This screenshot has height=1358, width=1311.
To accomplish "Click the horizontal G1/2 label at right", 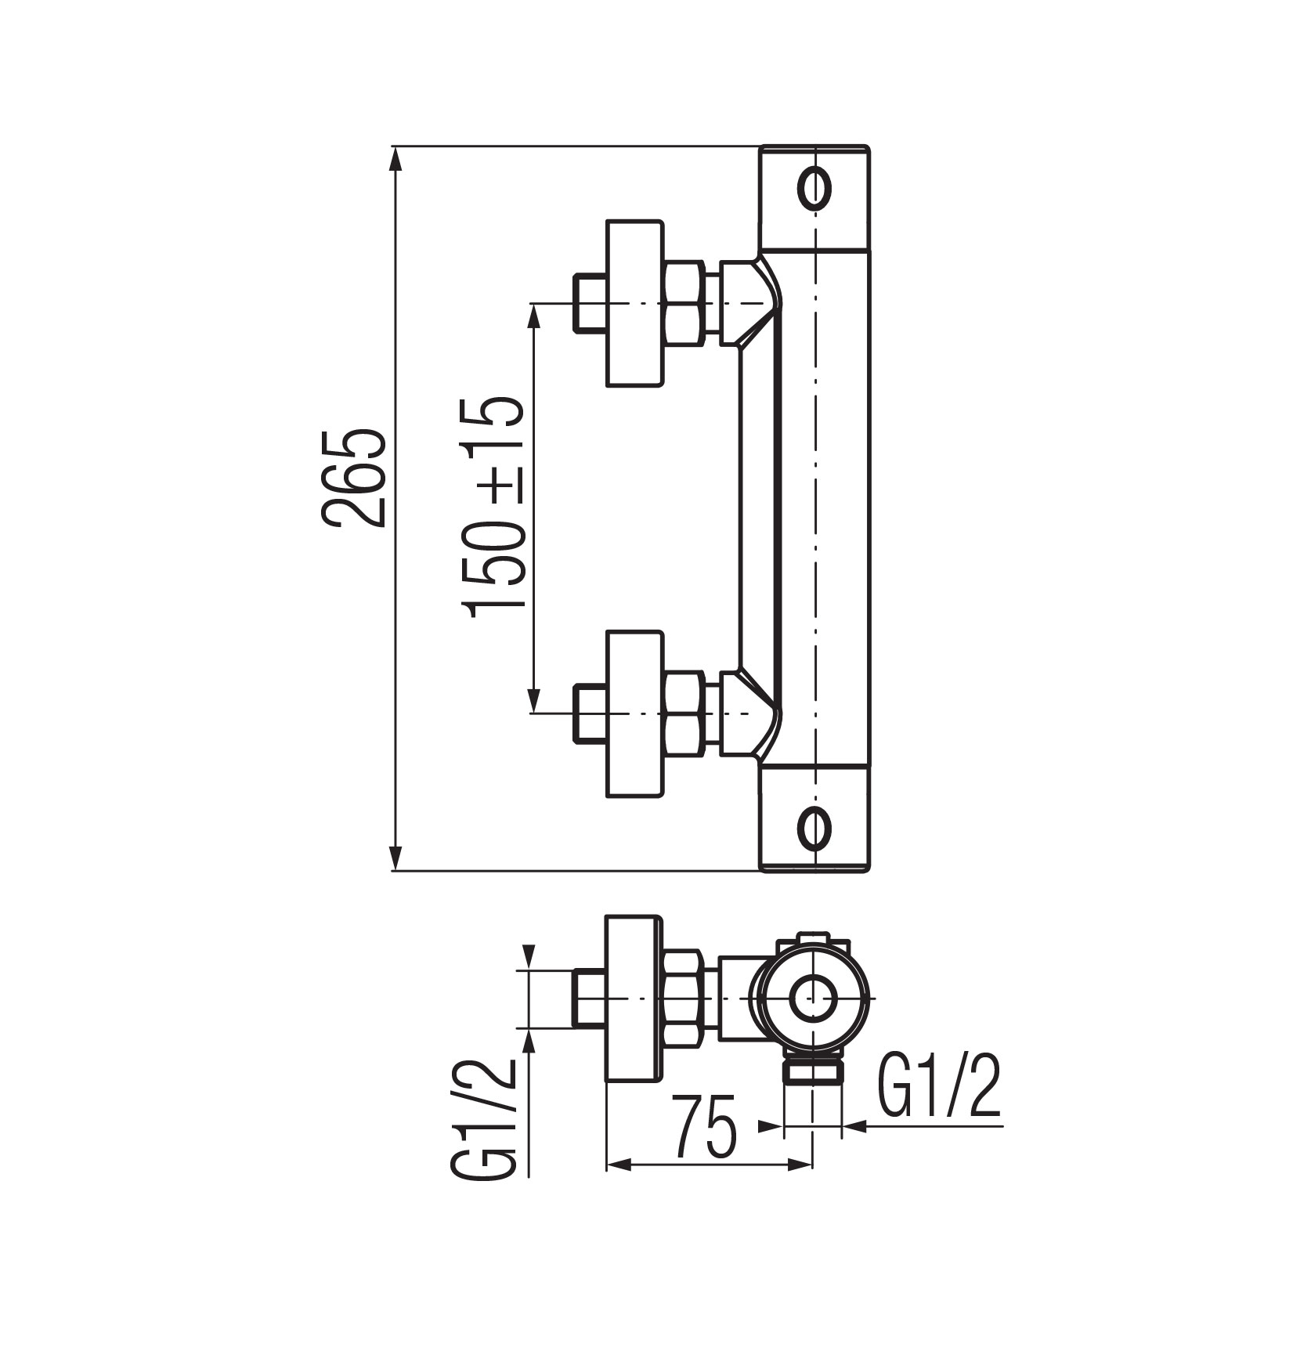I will click(939, 1089).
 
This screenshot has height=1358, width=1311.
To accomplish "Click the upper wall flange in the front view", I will click(634, 302).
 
